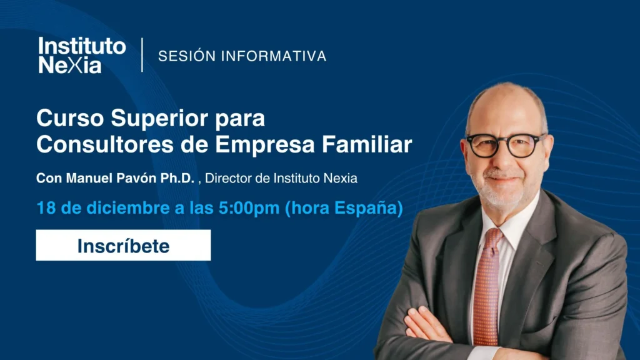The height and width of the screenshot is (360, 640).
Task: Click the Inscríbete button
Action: point(123,245)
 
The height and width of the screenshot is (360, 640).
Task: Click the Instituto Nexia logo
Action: point(82,56)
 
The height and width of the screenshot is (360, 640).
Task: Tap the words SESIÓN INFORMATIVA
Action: point(242,56)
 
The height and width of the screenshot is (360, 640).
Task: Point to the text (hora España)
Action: point(344,208)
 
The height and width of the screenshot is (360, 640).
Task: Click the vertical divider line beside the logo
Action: point(142,55)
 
